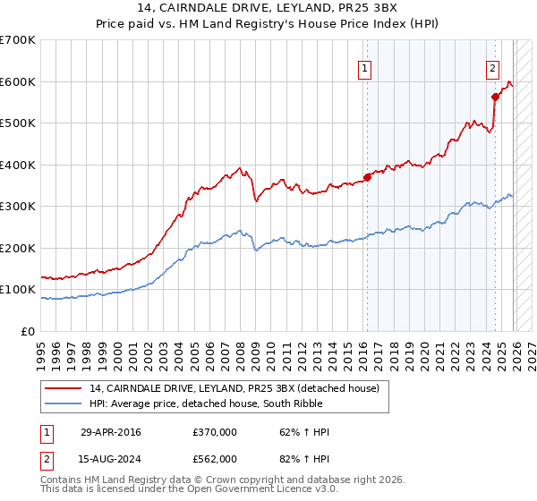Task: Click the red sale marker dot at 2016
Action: point(367,177)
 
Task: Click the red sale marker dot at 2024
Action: point(494,98)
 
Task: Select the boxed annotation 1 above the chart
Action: point(366,67)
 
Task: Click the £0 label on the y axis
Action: point(29,331)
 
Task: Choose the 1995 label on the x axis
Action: point(41,352)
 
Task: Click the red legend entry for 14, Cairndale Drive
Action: point(234,387)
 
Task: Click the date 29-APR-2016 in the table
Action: point(110,432)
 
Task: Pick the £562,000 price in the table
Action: point(214,458)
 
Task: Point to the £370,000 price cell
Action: point(214,432)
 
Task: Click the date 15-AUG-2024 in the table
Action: point(110,458)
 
